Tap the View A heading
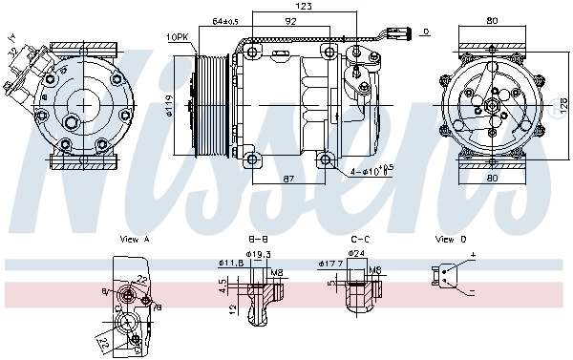pyautogui.click(x=134, y=239)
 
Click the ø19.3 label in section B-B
pyautogui.click(x=261, y=254)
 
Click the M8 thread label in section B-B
pyautogui.click(x=277, y=271)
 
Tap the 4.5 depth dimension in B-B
pyautogui.click(x=222, y=284)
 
